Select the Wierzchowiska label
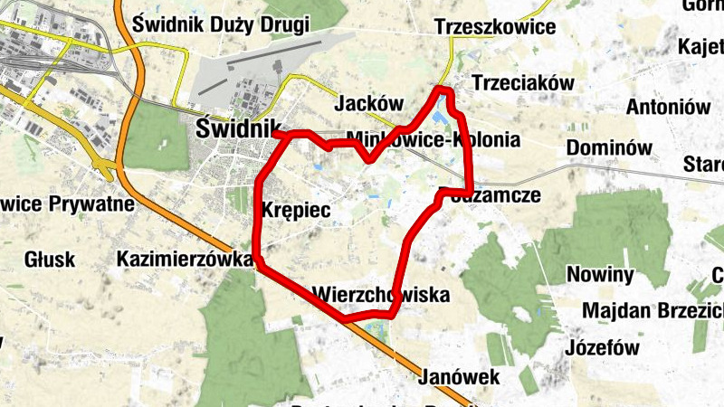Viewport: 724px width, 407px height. (379, 295)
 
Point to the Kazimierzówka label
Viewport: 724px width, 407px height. (185, 260)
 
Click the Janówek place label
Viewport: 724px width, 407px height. (460, 376)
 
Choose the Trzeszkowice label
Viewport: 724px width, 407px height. (494, 27)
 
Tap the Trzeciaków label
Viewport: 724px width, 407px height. (523, 83)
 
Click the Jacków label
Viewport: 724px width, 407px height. (368, 104)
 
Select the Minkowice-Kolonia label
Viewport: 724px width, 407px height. (433, 140)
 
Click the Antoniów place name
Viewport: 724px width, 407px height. (669, 107)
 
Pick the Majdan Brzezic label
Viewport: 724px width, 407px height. (652, 311)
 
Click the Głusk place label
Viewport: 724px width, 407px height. (50, 260)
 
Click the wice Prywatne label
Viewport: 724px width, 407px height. (67, 203)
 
